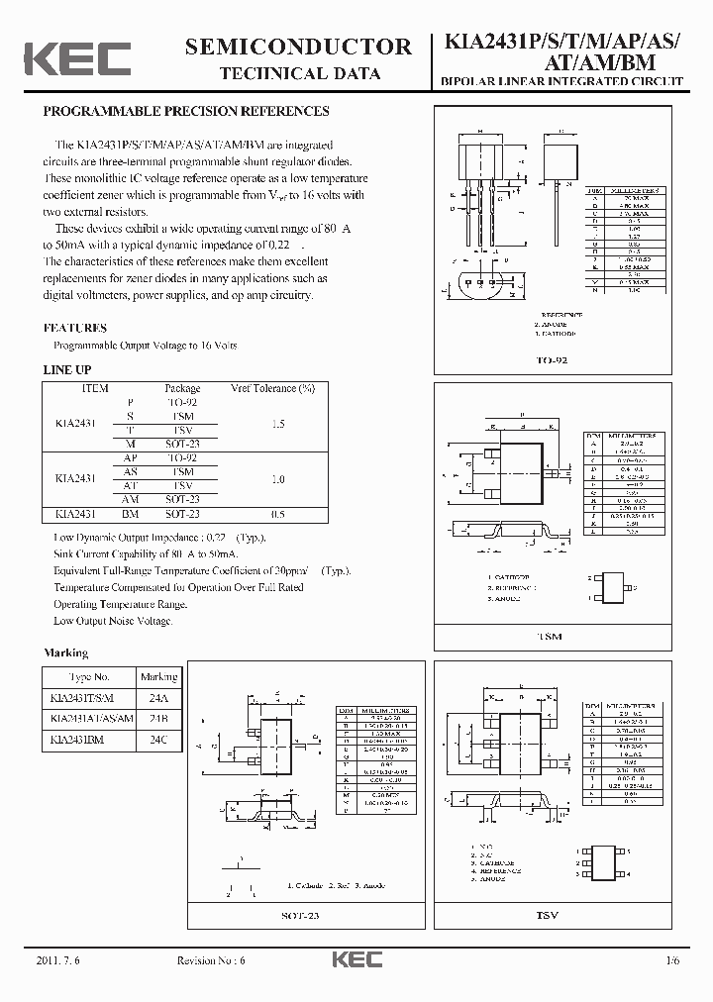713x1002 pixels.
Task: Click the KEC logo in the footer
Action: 354,961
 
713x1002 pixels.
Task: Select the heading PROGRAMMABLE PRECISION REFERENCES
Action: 186,112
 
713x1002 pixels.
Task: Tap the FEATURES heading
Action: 75,328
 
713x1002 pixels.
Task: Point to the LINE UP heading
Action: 67,369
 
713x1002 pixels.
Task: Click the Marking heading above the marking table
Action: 66,653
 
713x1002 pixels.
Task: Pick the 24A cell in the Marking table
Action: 158,697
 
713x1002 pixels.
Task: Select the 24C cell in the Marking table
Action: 158,739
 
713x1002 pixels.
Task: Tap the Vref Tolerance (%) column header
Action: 272,388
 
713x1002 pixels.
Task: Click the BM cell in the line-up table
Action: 130,515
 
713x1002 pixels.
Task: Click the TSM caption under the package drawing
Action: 548,637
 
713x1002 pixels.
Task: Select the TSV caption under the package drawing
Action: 548,916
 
